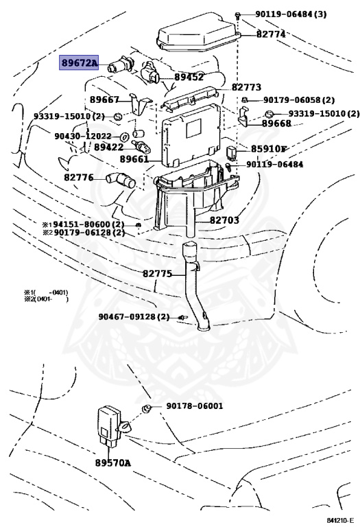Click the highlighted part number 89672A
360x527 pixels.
point(79,62)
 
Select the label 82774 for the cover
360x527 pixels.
point(271,34)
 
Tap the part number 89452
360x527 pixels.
point(189,78)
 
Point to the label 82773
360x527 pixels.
point(246,87)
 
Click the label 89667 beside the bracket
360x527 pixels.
point(104,99)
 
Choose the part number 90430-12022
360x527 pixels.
point(83,136)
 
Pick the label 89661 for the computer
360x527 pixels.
point(134,159)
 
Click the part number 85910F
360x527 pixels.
point(269,148)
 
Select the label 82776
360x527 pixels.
point(79,177)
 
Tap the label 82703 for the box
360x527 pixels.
point(225,220)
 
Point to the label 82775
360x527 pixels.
point(157,274)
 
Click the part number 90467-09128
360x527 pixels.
point(128,316)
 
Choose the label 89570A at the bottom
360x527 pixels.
point(113,462)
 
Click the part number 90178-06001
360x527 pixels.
point(195,406)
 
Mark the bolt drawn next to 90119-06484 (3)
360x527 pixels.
point(238,15)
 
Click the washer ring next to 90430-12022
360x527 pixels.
point(125,137)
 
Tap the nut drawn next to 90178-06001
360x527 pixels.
point(146,409)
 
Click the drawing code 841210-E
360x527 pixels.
point(341,520)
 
